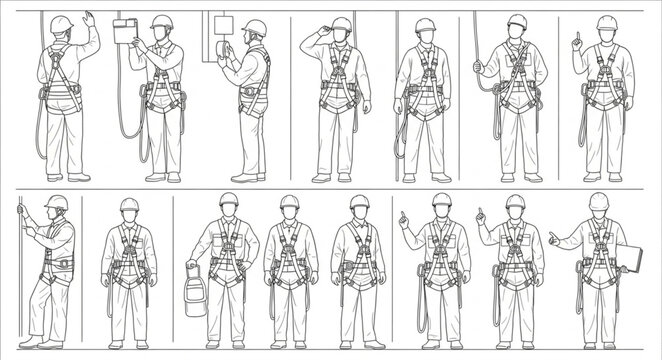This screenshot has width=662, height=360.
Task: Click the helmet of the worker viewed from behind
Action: click(x=62, y=23)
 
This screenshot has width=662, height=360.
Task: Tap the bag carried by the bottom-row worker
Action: click(x=195, y=296)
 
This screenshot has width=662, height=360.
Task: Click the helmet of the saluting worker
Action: click(x=342, y=24)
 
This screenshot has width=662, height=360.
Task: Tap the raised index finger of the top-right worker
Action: click(x=577, y=38)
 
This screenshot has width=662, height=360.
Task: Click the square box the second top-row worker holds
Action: click(x=126, y=32)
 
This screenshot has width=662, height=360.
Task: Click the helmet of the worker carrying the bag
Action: click(x=229, y=200)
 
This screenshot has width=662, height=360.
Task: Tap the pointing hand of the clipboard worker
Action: click(x=553, y=238)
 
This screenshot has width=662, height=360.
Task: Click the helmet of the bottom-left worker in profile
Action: click(x=57, y=202)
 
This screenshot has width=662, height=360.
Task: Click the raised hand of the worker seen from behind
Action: click(x=89, y=18)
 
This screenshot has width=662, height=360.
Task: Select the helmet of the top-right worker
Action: click(x=606, y=22)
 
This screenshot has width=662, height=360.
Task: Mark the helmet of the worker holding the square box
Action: click(x=162, y=22)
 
